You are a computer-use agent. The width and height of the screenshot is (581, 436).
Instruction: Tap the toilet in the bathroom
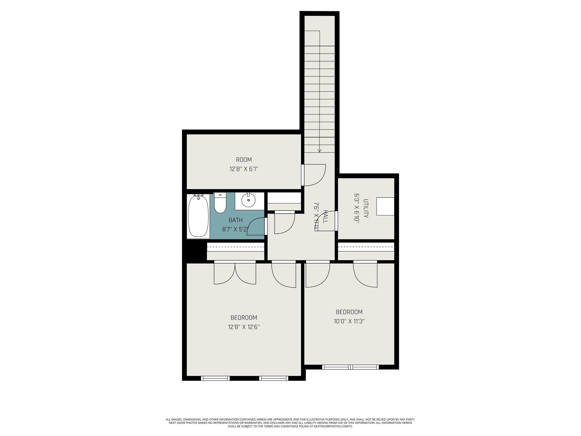(220, 203)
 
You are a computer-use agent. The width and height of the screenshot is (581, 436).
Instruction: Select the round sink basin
(248, 200)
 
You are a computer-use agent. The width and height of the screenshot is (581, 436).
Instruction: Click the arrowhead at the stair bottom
(319, 151)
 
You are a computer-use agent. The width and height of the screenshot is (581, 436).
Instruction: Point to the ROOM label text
(244, 160)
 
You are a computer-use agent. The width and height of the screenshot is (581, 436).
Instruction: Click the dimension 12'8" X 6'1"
(244, 169)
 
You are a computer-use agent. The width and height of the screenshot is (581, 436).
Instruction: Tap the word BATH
(235, 220)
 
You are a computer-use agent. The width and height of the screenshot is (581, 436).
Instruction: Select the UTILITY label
(366, 208)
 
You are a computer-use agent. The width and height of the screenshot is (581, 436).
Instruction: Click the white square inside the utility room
(385, 206)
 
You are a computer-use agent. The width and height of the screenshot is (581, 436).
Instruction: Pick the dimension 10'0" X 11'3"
(349, 321)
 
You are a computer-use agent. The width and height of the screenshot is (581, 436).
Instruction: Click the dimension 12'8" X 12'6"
(244, 327)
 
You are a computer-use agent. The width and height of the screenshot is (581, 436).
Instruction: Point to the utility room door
(326, 221)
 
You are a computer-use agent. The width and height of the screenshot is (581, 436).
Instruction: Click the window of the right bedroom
(350, 367)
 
